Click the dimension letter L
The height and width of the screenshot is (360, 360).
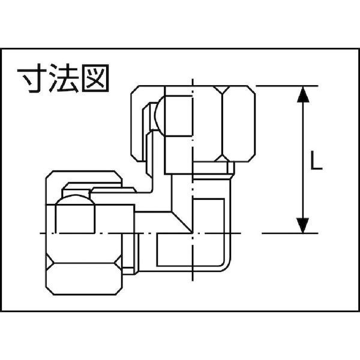click(316, 160)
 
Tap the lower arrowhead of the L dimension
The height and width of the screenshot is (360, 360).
click(302, 226)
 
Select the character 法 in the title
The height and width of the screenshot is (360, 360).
click(64, 78)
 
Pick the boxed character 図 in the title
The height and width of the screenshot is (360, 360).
click(95, 78)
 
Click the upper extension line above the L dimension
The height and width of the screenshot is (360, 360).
click(287, 86)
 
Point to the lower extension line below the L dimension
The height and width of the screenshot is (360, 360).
click(290, 233)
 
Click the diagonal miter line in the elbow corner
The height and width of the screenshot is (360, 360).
click(182, 222)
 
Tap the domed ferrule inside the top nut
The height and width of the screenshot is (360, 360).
click(160, 116)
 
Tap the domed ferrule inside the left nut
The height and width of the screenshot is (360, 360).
click(75, 199)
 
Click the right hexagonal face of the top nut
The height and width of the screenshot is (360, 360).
click(239, 124)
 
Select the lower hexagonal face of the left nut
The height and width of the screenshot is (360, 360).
click(84, 279)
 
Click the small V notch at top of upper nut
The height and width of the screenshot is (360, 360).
click(221, 89)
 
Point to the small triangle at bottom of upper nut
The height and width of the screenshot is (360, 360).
click(222, 158)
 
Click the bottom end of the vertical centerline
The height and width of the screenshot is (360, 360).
click(193, 281)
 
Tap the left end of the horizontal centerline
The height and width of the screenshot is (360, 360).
click(41, 233)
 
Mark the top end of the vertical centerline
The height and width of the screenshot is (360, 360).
click(193, 79)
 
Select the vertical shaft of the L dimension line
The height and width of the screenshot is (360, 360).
click(303, 160)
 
